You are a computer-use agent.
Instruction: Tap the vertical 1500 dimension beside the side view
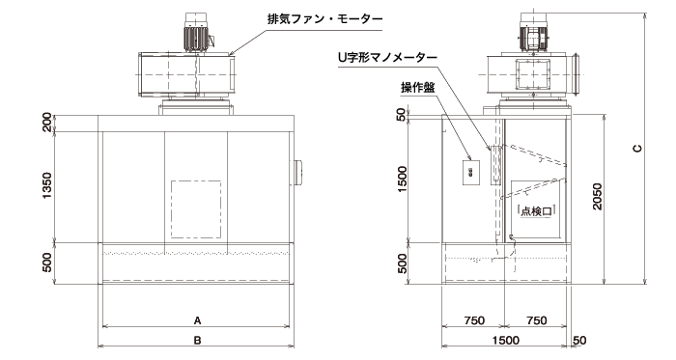point(404,180)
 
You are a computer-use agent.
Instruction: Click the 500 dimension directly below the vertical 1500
point(404,263)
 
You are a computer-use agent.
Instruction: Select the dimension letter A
point(197,318)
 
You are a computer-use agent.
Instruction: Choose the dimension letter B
point(197,340)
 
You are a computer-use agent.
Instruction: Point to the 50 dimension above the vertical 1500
point(404,116)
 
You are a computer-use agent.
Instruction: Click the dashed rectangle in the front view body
point(197,207)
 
